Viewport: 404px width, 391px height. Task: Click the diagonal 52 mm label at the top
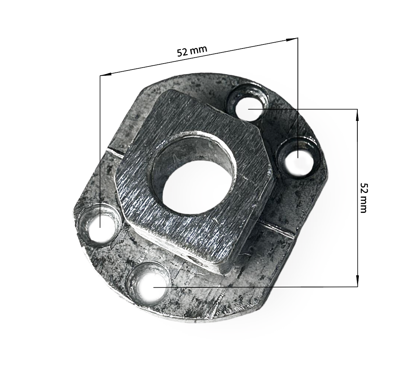(192, 51)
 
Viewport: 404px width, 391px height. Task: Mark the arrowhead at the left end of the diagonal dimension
(106, 74)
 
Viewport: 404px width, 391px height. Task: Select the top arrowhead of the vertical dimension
(357, 115)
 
